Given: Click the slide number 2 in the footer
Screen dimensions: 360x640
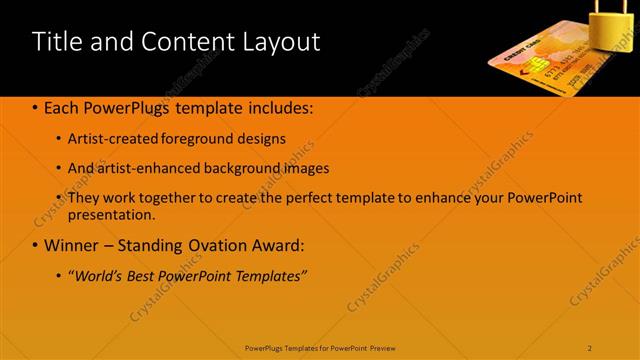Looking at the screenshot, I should click(590, 347).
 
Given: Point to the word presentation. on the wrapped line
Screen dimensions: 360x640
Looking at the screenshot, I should click(112, 214).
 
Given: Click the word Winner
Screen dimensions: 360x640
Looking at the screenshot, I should click(72, 244).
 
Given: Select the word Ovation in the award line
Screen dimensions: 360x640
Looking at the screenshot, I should click(209, 244).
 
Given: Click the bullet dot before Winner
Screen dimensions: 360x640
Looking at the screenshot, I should click(35, 245).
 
